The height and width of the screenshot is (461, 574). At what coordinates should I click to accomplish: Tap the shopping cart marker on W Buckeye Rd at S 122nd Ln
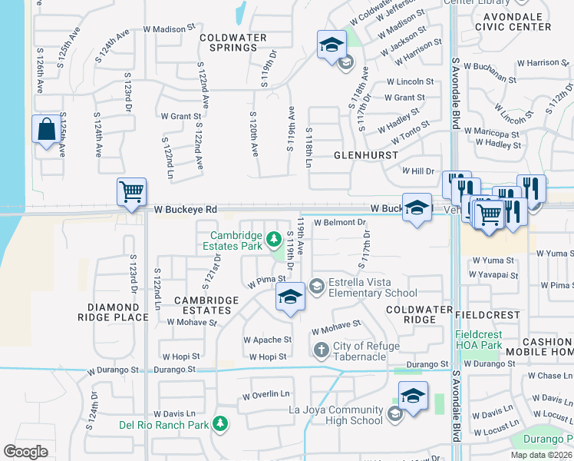click(131, 192)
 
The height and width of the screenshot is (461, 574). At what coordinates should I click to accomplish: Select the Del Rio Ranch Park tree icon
click(220, 423)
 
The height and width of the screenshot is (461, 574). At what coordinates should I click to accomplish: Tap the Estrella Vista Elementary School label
click(373, 287)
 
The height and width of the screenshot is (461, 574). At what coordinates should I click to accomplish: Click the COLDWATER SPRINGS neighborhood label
click(233, 42)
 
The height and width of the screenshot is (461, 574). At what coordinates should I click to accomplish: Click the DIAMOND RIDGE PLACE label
click(113, 311)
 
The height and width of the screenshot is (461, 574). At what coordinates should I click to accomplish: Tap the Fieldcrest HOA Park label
click(488, 340)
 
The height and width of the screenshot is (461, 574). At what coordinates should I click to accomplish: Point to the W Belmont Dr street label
click(339, 222)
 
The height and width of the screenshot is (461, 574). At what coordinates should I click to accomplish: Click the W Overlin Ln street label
click(266, 396)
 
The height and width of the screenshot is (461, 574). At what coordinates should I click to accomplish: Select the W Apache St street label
click(267, 339)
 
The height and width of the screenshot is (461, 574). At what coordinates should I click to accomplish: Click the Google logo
click(25, 452)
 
